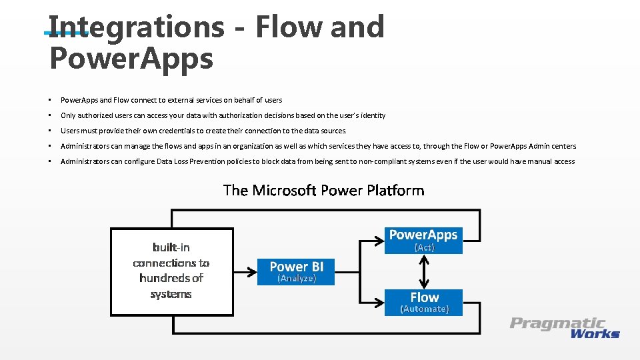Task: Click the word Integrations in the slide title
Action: click(137, 27)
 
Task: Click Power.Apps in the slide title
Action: click(131, 59)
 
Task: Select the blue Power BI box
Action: click(297, 271)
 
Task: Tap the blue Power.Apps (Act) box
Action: click(424, 240)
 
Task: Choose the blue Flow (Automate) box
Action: click(424, 302)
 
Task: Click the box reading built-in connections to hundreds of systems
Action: click(171, 271)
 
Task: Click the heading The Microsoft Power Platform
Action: click(323, 191)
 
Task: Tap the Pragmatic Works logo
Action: click(565, 328)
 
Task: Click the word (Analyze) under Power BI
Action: click(297, 279)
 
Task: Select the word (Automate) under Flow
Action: click(424, 309)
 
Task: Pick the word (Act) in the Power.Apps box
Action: click(424, 247)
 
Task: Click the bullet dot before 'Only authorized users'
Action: click(50, 115)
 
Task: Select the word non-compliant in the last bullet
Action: click(376, 161)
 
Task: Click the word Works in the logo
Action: click(595, 333)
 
